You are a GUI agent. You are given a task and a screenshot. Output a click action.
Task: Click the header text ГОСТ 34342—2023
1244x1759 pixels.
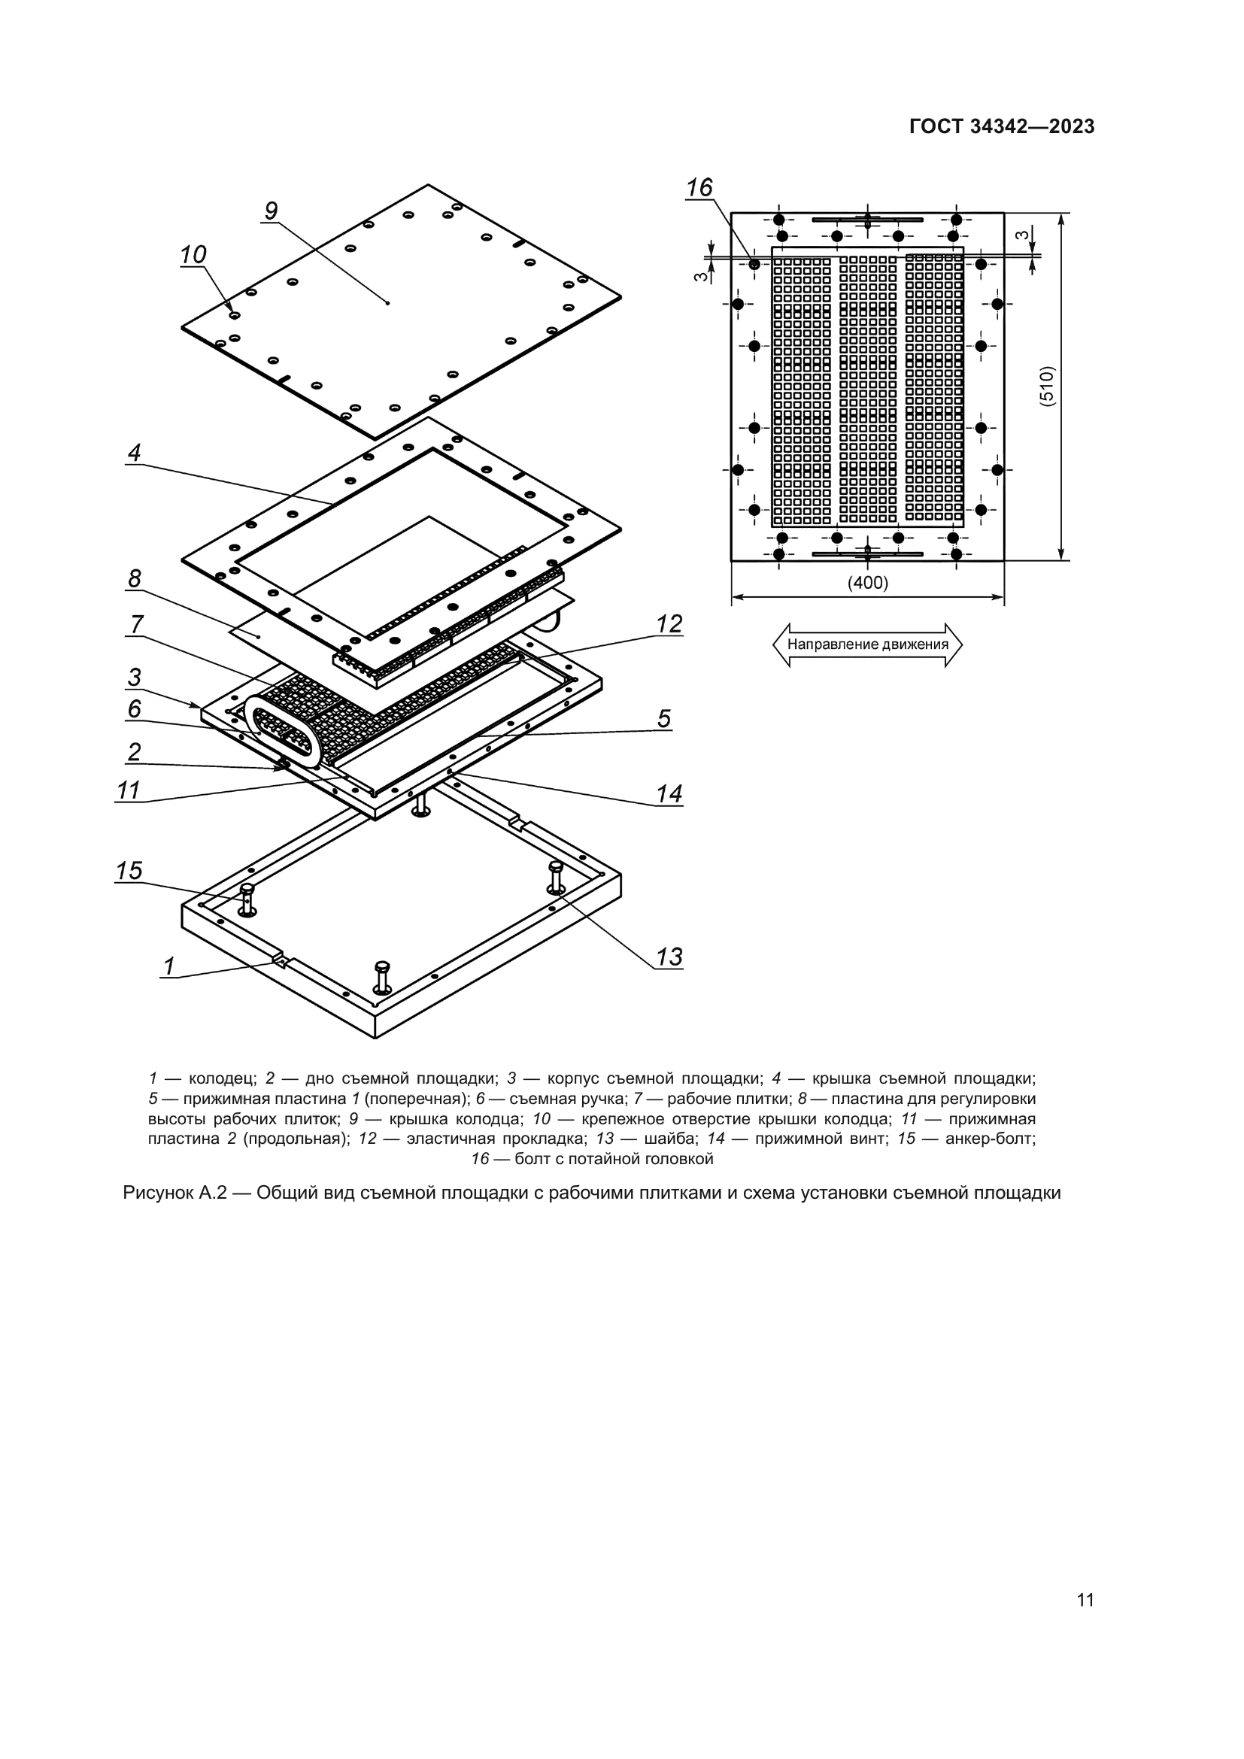pyautogui.click(x=1002, y=127)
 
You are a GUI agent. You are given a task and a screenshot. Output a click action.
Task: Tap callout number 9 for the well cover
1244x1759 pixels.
pyautogui.click(x=271, y=211)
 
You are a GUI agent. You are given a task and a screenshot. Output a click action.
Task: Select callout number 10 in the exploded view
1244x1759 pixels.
pyautogui.click(x=193, y=254)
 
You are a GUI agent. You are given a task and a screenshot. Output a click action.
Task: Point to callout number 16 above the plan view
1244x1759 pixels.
pyautogui.click(x=699, y=188)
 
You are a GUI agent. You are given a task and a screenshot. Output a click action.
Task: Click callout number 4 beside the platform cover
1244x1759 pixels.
pyautogui.click(x=134, y=453)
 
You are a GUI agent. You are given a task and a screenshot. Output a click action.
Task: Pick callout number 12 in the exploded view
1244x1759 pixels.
pyautogui.click(x=669, y=624)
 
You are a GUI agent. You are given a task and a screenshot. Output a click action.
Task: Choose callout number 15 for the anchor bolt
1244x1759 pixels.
pyautogui.click(x=129, y=871)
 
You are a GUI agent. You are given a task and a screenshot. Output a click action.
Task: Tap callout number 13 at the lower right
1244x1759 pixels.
pyautogui.click(x=669, y=957)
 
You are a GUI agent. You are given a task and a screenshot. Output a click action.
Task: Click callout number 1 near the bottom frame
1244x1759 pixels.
pyautogui.click(x=169, y=967)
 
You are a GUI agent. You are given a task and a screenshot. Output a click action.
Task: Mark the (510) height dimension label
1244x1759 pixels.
pyautogui.click(x=1048, y=386)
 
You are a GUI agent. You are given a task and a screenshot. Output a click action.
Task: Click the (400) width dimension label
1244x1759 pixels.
pyautogui.click(x=867, y=583)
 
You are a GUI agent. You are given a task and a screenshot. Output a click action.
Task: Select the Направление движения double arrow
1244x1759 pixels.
pyautogui.click(x=867, y=644)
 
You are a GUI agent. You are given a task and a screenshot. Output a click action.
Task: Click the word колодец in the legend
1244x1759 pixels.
pyautogui.click(x=222, y=1078)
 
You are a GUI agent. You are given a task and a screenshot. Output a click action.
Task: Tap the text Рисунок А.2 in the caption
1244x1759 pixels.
pyautogui.click(x=174, y=1193)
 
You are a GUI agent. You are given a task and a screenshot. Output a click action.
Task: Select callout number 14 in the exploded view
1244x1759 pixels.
pyautogui.click(x=669, y=793)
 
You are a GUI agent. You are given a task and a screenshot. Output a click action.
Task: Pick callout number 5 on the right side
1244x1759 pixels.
pyautogui.click(x=663, y=719)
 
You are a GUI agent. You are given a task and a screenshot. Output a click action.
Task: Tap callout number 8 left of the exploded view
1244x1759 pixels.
pyautogui.click(x=134, y=578)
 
